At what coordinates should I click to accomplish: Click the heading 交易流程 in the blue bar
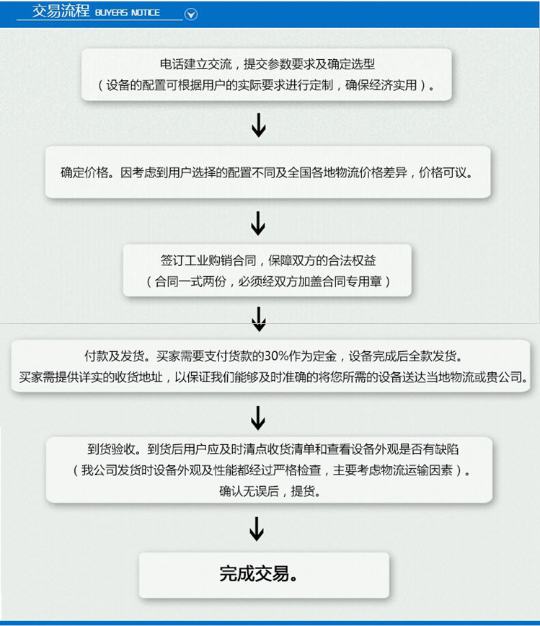61,11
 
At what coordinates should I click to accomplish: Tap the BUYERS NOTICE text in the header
128,12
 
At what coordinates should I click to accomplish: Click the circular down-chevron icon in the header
191,14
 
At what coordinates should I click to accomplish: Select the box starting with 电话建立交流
267,74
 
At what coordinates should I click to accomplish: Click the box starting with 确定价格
267,172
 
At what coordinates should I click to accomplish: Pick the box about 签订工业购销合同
267,270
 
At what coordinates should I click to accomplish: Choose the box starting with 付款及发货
270,366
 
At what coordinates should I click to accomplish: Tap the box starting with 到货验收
269,470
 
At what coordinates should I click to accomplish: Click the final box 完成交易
264,575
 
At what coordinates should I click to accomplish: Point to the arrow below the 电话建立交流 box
259,125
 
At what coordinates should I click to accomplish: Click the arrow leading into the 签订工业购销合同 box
258,223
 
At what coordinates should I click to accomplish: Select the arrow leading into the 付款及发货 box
259,319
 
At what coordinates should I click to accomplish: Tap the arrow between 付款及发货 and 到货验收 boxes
258,418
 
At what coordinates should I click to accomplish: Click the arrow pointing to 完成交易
257,529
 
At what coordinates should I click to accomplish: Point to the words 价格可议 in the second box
442,172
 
